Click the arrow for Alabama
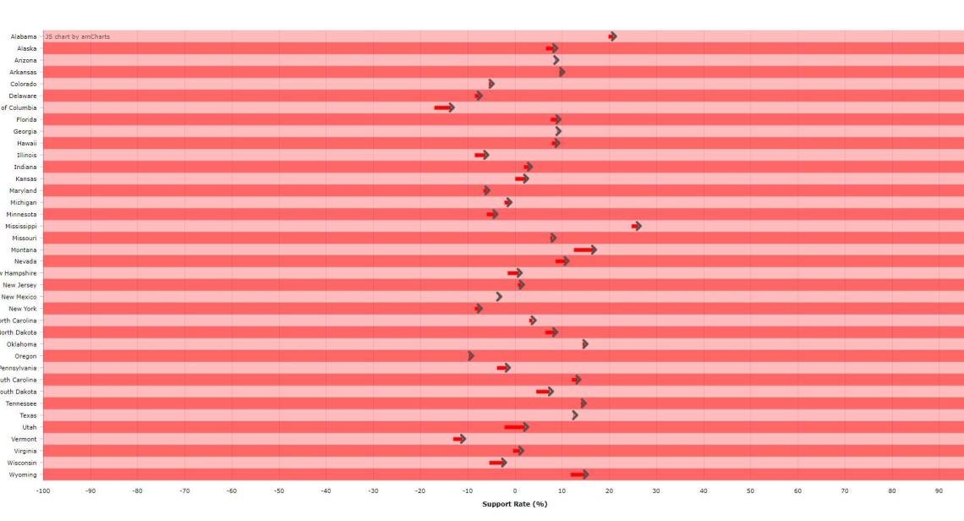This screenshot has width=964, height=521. click(612, 36)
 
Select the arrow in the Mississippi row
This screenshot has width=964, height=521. click(637, 226)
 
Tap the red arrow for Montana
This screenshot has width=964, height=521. click(585, 250)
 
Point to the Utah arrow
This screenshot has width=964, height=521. click(517, 427)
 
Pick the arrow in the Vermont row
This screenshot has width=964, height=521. click(460, 439)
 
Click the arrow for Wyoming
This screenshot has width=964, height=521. click(580, 474)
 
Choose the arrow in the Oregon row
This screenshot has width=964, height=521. click(471, 356)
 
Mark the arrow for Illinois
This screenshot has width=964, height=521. click(482, 155)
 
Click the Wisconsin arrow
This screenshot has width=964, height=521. click(498, 463)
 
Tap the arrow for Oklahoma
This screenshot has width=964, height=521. click(585, 344)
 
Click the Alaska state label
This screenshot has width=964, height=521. click(26, 48)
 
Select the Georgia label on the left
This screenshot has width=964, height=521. click(25, 131)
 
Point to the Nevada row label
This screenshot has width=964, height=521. click(25, 261)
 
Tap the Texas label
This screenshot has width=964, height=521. click(28, 415)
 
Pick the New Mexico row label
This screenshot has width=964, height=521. click(19, 297)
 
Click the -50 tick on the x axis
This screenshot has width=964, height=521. click(278, 491)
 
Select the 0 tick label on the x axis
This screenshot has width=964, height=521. click(515, 491)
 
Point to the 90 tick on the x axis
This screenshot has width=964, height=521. click(939, 491)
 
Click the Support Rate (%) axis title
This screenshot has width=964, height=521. click(514, 504)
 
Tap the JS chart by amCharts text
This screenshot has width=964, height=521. click(78, 36)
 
